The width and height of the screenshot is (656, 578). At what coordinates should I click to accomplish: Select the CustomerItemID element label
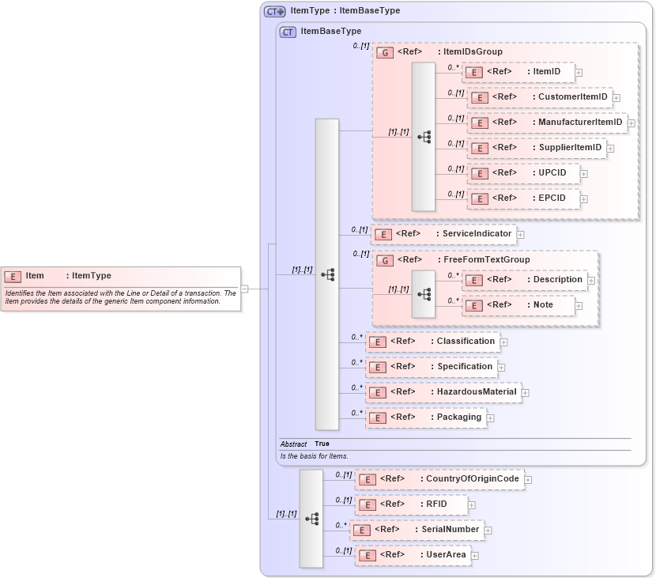pyautogui.click(x=572, y=97)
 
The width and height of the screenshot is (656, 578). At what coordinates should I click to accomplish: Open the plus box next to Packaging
pyautogui.click(x=490, y=417)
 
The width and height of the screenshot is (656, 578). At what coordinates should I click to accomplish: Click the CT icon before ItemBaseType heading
pyautogui.click(x=288, y=32)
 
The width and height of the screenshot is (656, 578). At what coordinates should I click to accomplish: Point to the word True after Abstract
pyautogui.click(x=322, y=444)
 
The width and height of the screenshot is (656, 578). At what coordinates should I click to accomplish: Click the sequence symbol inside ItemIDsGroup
pyautogui.click(x=424, y=136)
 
